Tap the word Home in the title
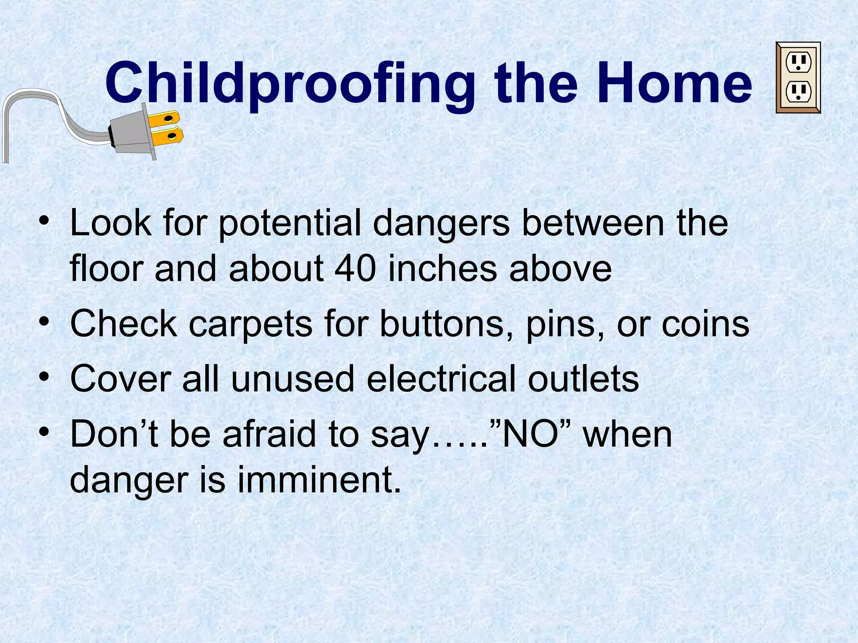click(675, 84)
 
